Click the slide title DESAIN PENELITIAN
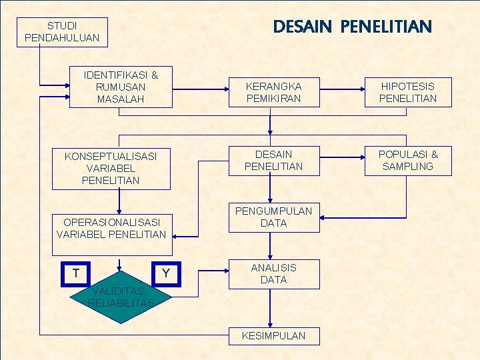pos(353,27)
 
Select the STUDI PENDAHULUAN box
pos(61,32)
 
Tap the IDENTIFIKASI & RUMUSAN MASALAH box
pos(121,87)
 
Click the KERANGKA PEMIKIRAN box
pos(273,93)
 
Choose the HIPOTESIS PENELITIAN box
pos(407,93)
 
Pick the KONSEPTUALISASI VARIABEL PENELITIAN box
pos(111,168)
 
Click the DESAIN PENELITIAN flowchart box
pos(273,161)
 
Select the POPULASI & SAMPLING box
pos(407,161)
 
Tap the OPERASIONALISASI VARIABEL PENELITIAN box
pos(111,228)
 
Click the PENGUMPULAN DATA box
pos(273,217)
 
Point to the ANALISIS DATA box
pos(273,274)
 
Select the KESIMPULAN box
pos(273,335)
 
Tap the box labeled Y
pos(165,273)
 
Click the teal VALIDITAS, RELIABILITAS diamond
pos(120,297)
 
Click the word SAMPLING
pos(407,167)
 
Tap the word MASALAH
pos(121,99)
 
